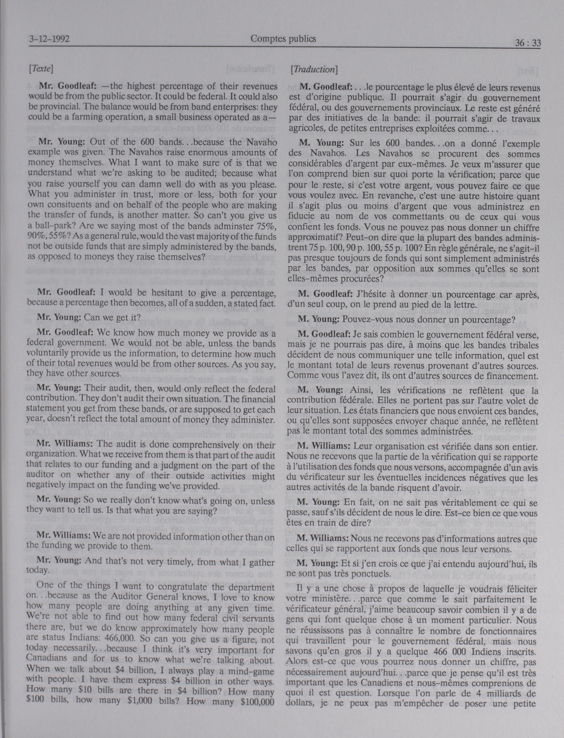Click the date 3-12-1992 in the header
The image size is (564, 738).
pos(49,39)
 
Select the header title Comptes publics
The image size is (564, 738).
pos(283,39)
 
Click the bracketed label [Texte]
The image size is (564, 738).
pos(41,69)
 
